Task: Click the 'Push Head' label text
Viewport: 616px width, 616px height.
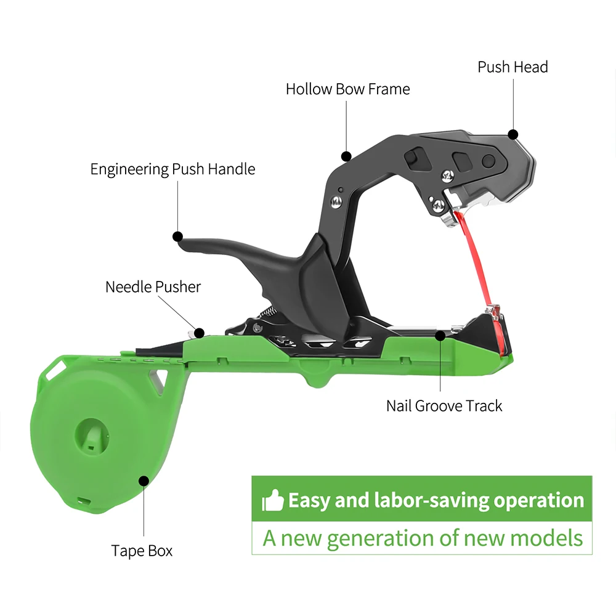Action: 513,67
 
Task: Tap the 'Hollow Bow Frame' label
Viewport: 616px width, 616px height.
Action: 347,89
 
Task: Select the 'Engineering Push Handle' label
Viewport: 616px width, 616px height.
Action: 172,169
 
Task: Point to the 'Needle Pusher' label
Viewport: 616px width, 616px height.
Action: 153,286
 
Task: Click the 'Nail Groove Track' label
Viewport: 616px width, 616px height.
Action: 444,406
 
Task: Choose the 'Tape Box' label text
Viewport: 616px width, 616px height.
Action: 142,551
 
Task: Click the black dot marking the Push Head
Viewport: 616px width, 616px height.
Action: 513,134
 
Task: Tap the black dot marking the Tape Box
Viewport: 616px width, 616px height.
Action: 144,480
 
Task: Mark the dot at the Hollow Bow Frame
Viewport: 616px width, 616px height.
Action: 347,156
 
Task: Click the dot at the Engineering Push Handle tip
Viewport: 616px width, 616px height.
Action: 178,236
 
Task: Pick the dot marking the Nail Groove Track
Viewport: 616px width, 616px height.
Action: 440,336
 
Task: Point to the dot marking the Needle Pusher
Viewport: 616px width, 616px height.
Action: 199,333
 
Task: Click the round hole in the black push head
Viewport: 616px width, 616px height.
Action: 488,161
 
